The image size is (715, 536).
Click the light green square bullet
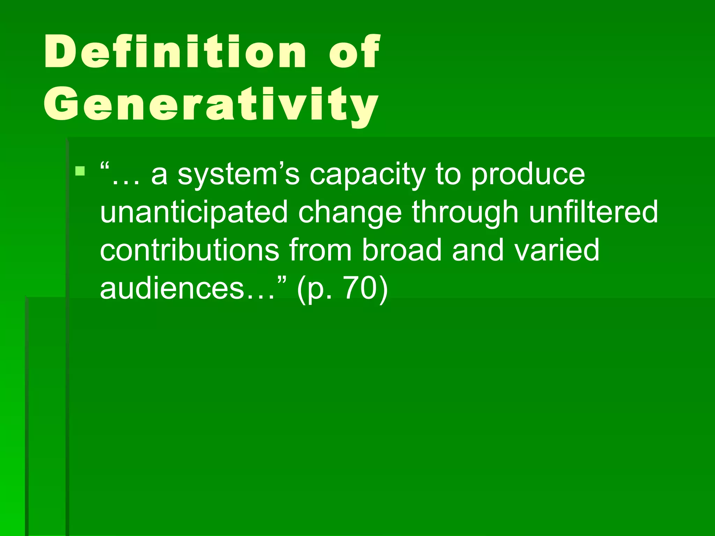click(x=80, y=171)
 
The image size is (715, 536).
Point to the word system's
click(x=238, y=174)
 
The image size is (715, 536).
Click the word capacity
click(x=368, y=174)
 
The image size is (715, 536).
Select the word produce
click(x=528, y=174)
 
